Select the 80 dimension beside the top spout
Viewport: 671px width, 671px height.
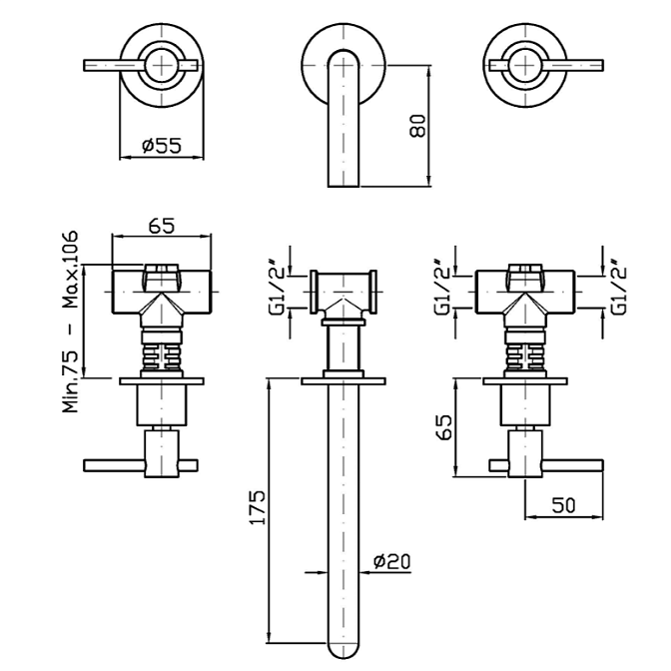coord(418,125)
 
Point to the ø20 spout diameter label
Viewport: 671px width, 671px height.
coord(391,562)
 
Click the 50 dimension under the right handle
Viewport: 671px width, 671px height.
coord(563,506)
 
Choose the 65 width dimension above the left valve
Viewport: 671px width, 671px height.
coord(162,226)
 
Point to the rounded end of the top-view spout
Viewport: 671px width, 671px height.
coord(342,180)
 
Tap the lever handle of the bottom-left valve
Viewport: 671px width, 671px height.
coord(115,463)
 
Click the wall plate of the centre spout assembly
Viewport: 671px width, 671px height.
coord(342,380)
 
